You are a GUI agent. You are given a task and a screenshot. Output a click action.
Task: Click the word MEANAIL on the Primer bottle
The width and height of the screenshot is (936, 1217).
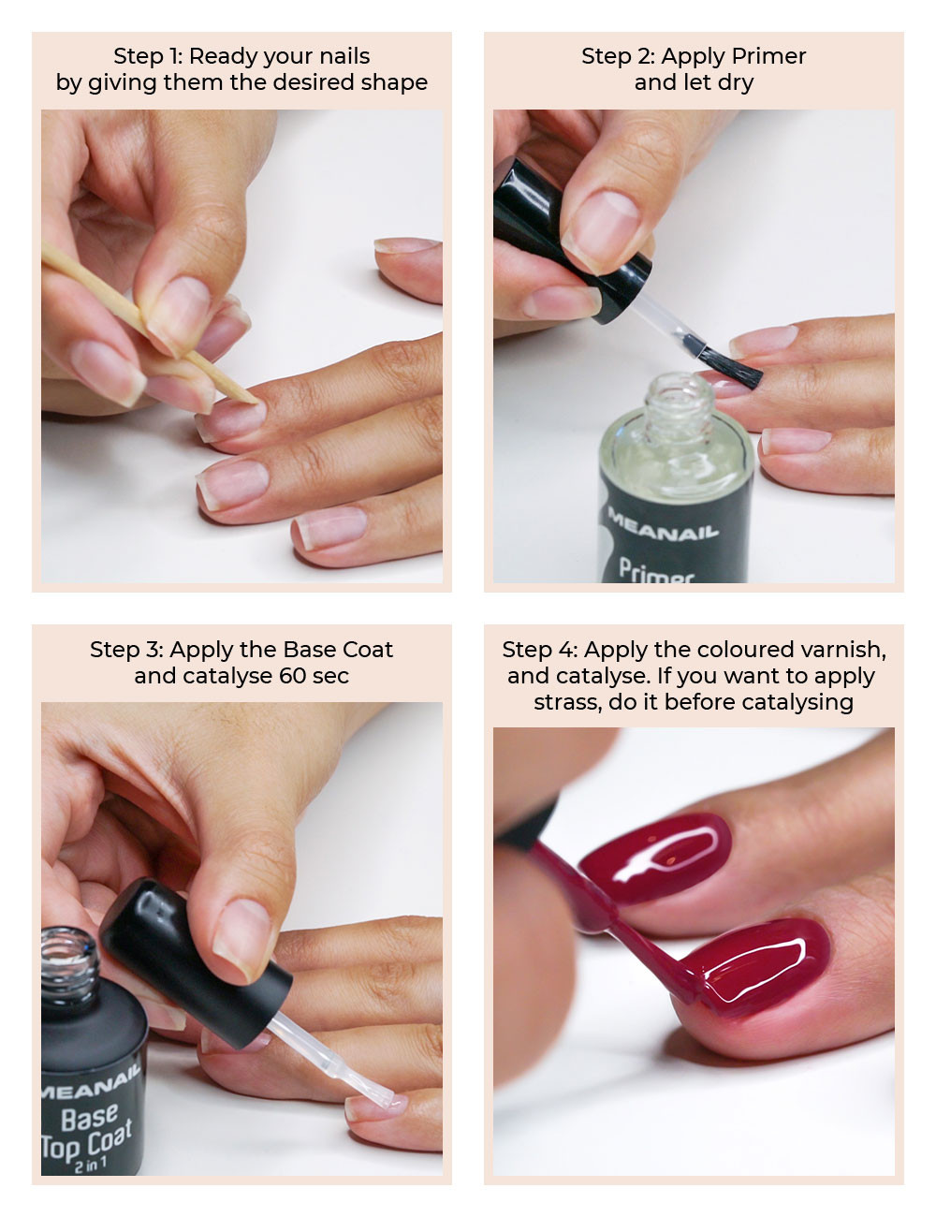click(x=663, y=524)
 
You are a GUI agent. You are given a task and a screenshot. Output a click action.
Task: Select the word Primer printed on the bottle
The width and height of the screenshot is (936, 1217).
click(x=657, y=572)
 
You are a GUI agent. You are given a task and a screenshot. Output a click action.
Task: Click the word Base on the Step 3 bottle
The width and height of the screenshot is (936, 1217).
click(x=90, y=1119)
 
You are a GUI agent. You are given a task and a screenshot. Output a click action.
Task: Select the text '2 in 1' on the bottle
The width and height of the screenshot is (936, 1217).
click(x=91, y=1166)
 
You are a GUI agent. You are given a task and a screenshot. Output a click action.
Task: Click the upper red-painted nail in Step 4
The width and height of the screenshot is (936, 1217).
click(x=655, y=858)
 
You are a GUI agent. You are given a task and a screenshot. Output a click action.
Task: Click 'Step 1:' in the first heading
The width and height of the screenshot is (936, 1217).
click(x=148, y=56)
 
